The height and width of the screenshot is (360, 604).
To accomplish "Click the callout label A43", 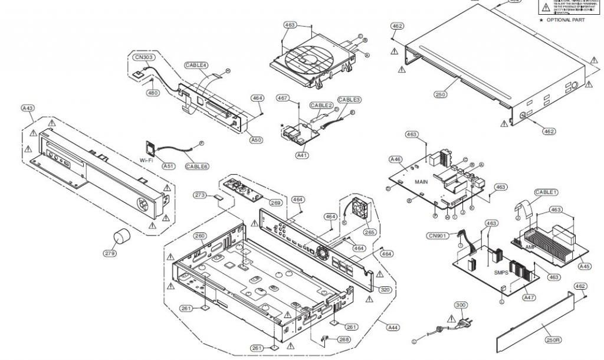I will tap(28, 109).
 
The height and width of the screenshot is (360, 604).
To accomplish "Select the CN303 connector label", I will tap(141, 58).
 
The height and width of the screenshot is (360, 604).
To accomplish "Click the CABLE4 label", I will tap(196, 65).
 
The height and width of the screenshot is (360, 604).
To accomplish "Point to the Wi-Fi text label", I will tap(148, 160).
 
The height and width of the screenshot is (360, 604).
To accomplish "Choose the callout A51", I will tap(169, 166).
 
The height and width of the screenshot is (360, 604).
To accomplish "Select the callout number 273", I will tap(200, 195).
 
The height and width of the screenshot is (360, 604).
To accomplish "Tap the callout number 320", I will tap(385, 290).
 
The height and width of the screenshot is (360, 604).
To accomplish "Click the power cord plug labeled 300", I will tap(457, 323).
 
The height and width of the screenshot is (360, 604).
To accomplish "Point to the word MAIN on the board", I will tap(421, 182).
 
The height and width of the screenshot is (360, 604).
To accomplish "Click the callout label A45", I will tap(584, 266).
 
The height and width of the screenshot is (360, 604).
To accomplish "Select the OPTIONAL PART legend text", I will tap(567, 19).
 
